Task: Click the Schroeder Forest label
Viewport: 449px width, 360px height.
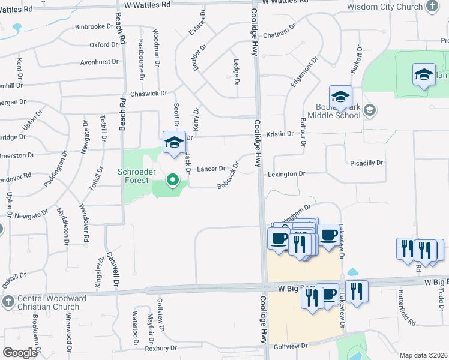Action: [136, 177]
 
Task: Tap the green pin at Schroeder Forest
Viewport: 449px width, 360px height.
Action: [173, 179]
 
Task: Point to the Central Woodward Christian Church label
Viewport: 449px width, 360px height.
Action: [47, 304]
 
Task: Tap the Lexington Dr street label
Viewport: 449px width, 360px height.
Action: [287, 174]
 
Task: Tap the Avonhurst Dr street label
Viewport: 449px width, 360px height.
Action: [98, 62]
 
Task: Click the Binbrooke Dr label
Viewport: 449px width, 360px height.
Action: [95, 28]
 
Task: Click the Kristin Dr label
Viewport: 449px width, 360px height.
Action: [280, 134]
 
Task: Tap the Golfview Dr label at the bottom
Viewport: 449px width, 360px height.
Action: [291, 346]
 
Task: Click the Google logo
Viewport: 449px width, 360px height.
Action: [20, 353]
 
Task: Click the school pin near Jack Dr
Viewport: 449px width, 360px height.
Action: [174, 143]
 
